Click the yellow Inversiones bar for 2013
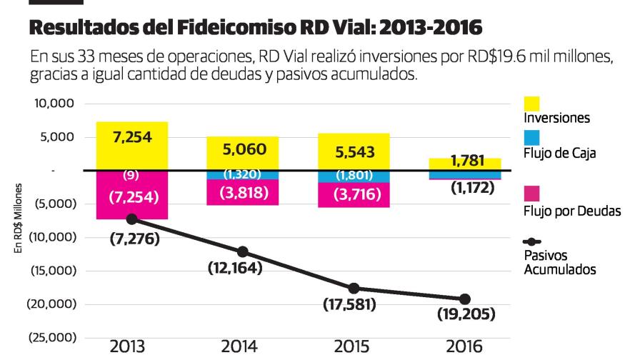pyautogui.click(x=132, y=146)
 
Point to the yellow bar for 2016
pyautogui.click(x=465, y=164)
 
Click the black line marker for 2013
pyautogui.click(x=131, y=219)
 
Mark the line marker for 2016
pyautogui.click(x=465, y=299)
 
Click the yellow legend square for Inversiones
pyautogui.click(x=532, y=104)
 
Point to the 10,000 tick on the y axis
pyautogui.click(x=54, y=104)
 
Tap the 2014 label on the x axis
pyautogui.click(x=241, y=347)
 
